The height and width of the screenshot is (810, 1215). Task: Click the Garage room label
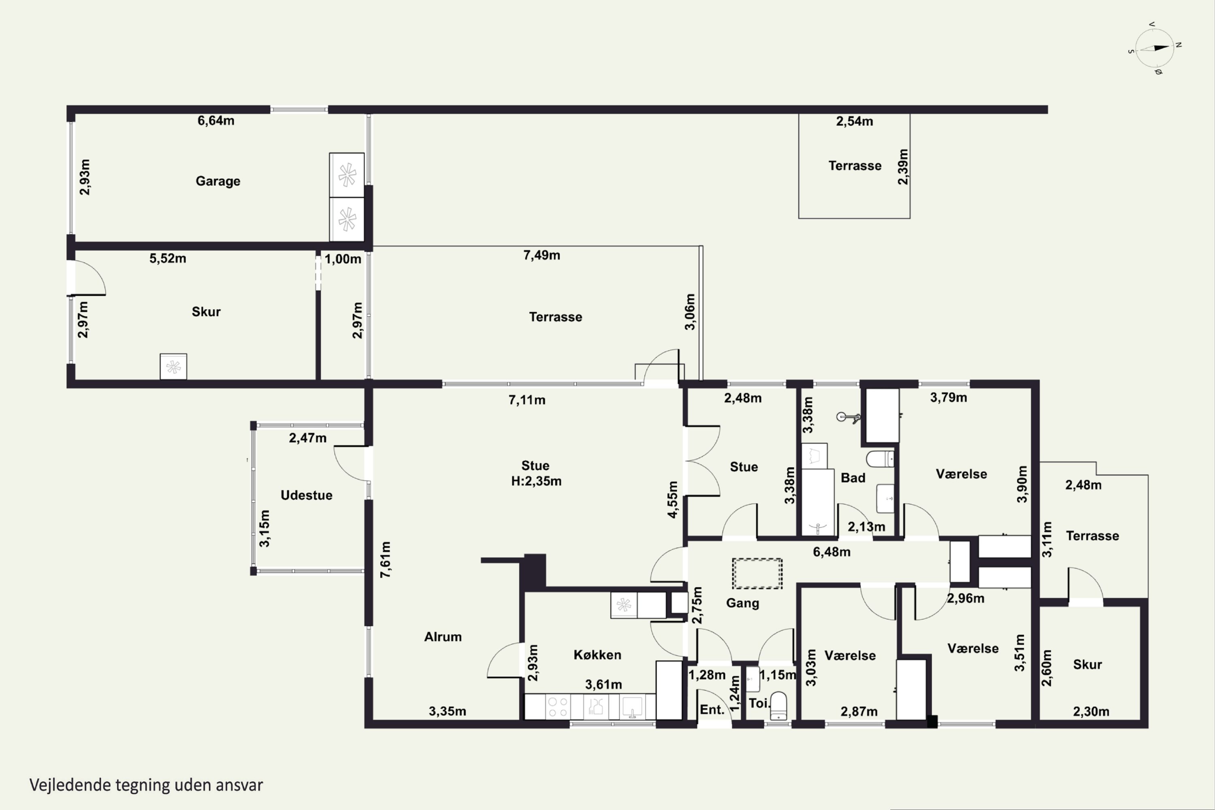(x=217, y=181)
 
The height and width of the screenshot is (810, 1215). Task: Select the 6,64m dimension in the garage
(x=216, y=121)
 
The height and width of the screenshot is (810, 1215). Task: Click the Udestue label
(x=306, y=495)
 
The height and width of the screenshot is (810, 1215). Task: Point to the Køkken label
(x=597, y=654)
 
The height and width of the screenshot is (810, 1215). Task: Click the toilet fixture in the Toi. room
(x=778, y=706)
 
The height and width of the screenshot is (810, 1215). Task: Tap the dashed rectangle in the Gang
(x=757, y=573)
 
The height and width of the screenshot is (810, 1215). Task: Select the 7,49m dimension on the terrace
(x=541, y=255)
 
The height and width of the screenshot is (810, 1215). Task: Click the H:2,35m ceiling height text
(x=536, y=482)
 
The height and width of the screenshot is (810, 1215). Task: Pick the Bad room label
(x=853, y=478)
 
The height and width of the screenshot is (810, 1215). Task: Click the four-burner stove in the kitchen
(x=557, y=707)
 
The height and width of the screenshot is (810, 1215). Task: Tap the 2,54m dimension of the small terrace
(x=855, y=122)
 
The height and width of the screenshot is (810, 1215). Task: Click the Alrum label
(x=443, y=637)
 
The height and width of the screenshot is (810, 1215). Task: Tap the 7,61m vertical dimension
(x=386, y=559)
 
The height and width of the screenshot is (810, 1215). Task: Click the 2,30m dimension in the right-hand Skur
(x=1091, y=711)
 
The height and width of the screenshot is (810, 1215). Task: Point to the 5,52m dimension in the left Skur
(x=168, y=258)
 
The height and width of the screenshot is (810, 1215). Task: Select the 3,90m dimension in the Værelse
(x=1022, y=484)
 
